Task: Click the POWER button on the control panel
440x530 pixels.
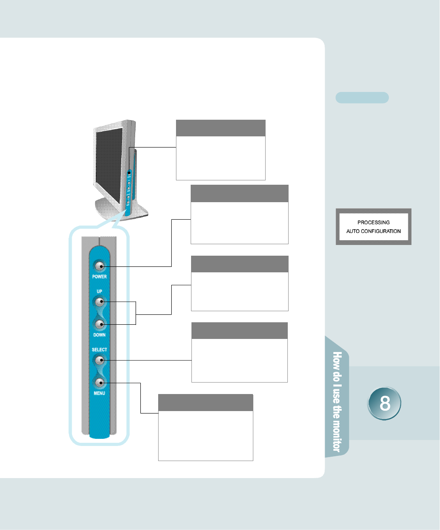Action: coord(99,266)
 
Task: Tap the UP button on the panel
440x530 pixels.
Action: coord(99,302)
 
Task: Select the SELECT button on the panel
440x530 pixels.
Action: coord(99,360)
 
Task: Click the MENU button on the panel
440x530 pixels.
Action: coord(99,383)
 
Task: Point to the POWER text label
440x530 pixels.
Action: coord(99,277)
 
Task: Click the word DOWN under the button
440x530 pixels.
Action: coord(99,335)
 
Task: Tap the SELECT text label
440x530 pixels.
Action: coord(99,350)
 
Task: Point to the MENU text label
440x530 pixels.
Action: coord(99,393)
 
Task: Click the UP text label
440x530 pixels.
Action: coord(99,291)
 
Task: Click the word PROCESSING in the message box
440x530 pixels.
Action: coord(373,222)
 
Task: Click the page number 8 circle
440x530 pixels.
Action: coord(384,404)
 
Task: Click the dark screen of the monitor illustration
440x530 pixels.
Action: coord(108,165)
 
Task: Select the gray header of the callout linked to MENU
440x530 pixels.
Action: coord(205,402)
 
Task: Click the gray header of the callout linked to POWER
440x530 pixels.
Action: coord(239,193)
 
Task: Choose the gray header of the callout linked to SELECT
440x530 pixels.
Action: coord(239,331)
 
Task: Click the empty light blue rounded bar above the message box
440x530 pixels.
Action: coord(362,98)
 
